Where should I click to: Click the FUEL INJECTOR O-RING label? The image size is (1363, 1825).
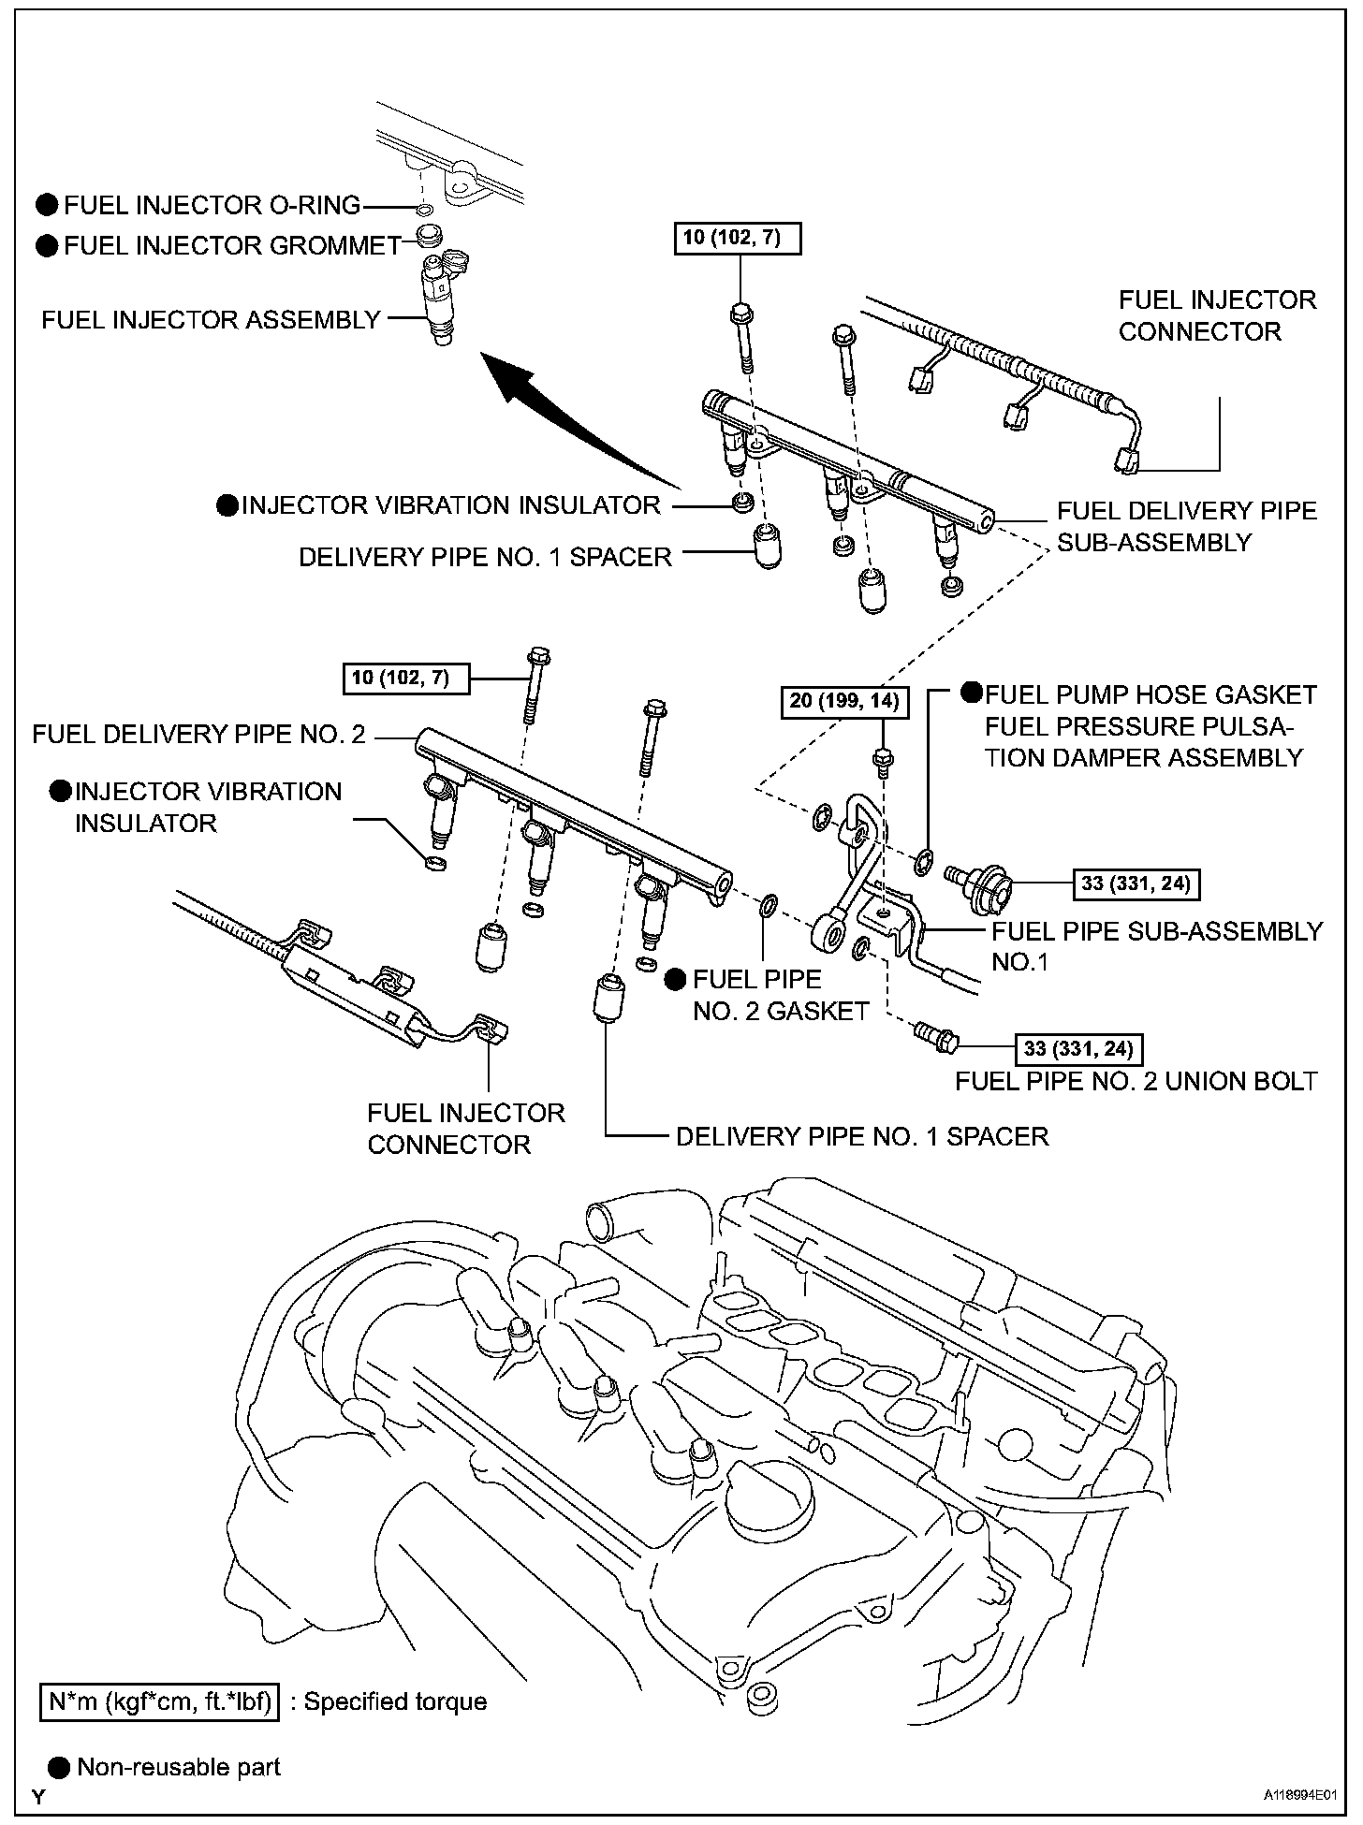pos(212,205)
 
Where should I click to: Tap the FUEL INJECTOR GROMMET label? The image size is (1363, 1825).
pos(232,246)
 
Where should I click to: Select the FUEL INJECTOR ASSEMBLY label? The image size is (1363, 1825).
pos(212,320)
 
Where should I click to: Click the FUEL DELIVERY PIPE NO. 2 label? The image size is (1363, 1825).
pos(198,734)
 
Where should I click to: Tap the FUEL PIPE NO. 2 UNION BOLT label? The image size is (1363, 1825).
pos(1136,1081)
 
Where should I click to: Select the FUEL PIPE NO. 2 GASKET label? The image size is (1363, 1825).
pos(781,995)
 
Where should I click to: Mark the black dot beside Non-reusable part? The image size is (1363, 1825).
pos(59,1767)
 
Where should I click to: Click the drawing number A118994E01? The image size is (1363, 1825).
pos(1299,1798)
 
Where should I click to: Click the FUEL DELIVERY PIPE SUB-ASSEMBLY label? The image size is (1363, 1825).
pos(1186,527)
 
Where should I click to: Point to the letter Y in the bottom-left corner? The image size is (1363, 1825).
pos(38,1797)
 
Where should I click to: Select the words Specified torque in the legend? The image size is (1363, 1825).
pos(395,1701)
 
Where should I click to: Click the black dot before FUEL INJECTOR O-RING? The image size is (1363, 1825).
pos(47,205)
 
